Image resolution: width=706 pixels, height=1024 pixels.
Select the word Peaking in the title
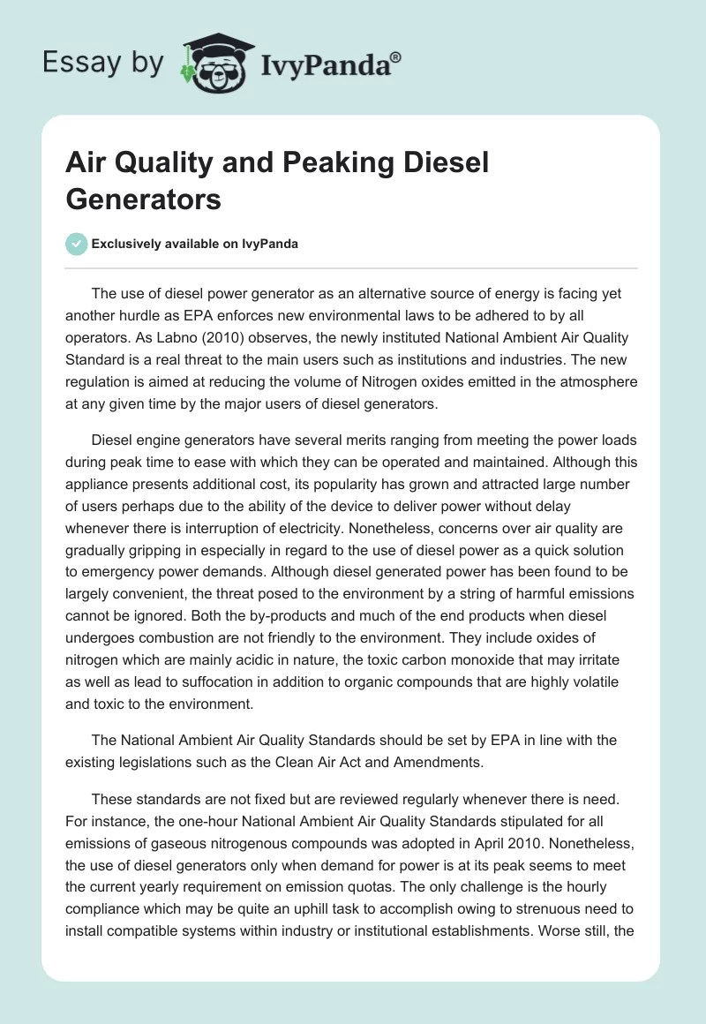click(x=312, y=163)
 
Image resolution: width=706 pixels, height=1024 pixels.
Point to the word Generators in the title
click(x=144, y=199)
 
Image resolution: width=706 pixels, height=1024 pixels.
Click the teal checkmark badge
click(x=77, y=244)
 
